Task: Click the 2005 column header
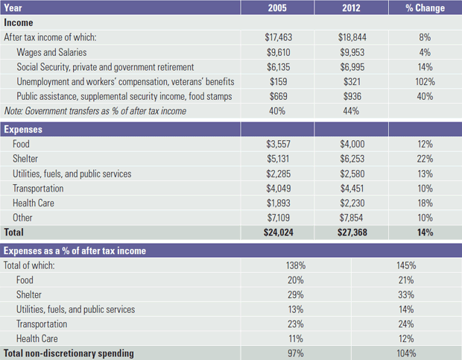pos(276,8)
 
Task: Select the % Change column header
pos(425,8)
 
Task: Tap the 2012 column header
pos(350,8)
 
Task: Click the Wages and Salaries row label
pos(51,52)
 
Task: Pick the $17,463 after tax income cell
pos(277,37)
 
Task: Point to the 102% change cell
pos(425,81)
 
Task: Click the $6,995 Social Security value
pos(350,67)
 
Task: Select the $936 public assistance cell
pos(352,96)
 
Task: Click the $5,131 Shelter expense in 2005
pos(277,159)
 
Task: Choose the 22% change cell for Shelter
pos(425,159)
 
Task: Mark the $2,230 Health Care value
pos(350,203)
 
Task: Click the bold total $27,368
pos(350,233)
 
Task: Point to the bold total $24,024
pos(277,233)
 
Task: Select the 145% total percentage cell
pos(406,265)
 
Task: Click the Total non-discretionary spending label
pos(69,353)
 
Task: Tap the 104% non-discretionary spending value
pos(406,353)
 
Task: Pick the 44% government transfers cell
pos(350,111)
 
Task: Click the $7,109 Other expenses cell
pos(277,218)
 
